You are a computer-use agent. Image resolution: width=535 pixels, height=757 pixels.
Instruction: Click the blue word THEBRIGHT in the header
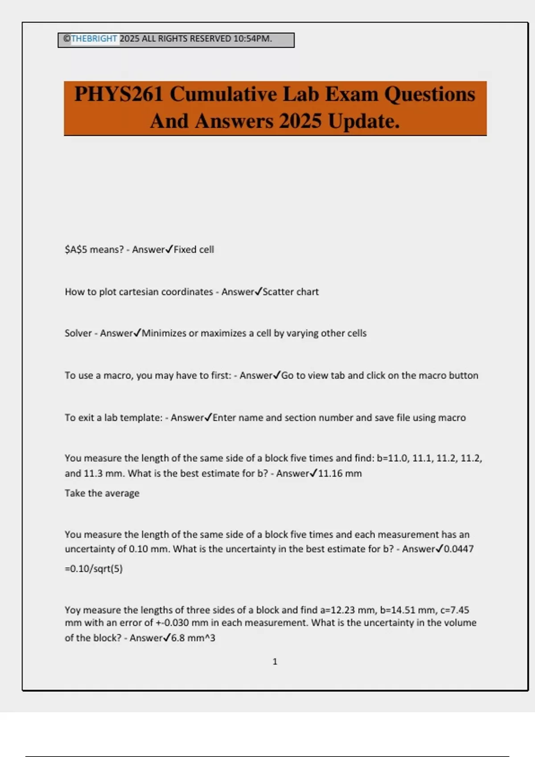point(94,39)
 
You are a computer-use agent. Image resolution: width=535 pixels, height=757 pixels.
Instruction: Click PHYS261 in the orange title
point(119,94)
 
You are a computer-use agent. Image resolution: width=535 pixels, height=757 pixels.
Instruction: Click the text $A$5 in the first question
point(76,249)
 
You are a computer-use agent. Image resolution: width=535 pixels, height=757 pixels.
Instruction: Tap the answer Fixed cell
point(193,249)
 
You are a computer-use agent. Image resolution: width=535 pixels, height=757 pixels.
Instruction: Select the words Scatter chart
point(290,292)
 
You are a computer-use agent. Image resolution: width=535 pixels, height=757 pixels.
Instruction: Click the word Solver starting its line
point(78,333)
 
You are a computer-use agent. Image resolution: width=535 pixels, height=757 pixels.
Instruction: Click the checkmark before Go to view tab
point(276,375)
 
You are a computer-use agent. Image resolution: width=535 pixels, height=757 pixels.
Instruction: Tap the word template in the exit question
point(141,418)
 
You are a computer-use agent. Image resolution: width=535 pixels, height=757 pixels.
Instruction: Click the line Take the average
point(102,493)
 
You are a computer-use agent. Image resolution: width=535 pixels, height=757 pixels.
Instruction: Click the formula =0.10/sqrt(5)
point(94,569)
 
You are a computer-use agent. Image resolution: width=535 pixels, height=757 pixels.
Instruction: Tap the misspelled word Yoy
point(73,610)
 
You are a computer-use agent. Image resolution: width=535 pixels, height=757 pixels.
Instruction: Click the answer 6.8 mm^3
point(193,638)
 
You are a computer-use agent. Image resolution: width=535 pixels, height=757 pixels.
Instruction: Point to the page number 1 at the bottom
point(275,662)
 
